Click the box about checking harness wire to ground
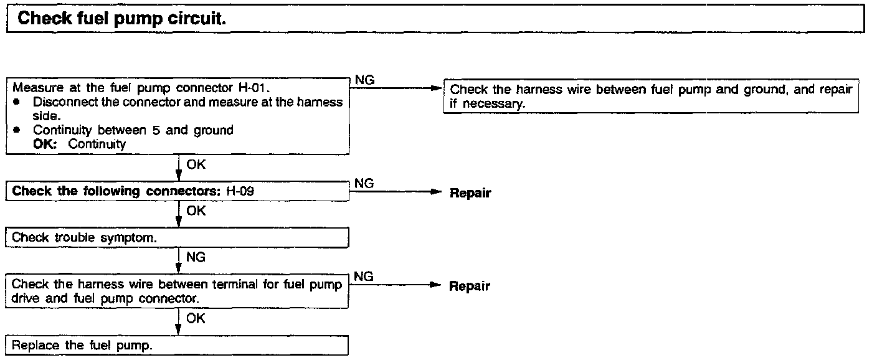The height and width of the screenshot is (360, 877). (x=650, y=97)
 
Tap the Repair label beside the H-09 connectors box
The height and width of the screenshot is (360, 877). (x=470, y=193)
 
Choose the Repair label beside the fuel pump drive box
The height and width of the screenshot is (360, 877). (x=470, y=287)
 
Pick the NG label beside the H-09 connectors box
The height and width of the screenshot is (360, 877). (x=364, y=184)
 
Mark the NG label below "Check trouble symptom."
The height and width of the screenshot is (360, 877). (x=196, y=257)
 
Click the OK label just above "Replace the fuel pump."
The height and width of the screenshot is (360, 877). (x=196, y=318)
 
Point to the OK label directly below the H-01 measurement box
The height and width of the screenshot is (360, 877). (x=196, y=165)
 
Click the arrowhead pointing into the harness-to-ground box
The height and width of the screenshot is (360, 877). (x=436, y=88)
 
